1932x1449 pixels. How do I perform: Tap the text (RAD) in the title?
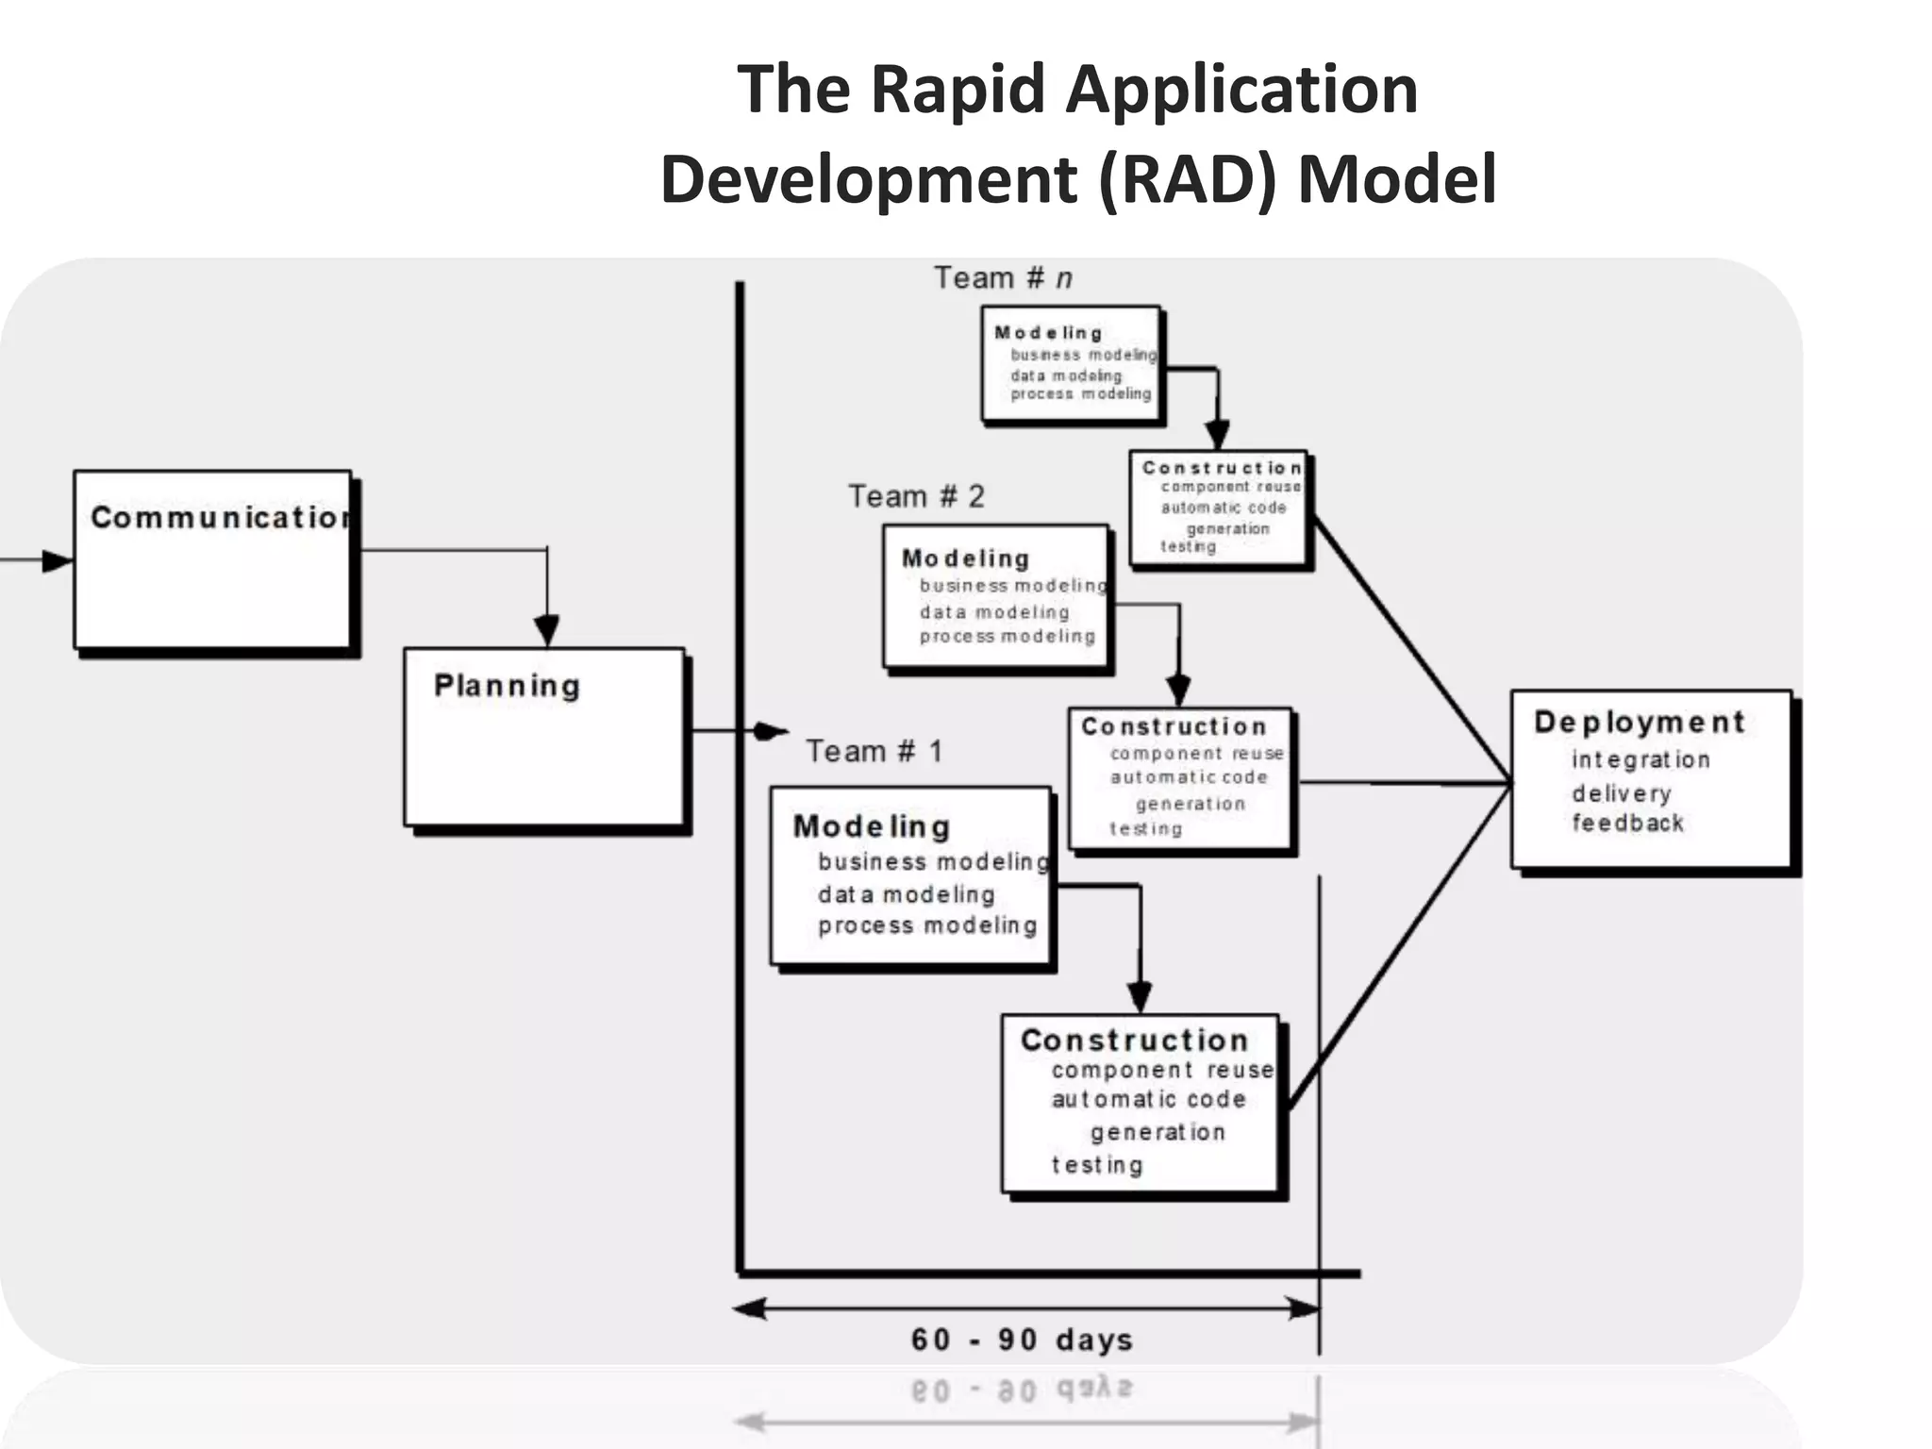point(1189,179)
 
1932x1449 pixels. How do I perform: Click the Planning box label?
point(507,686)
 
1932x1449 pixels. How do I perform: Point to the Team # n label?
point(1003,278)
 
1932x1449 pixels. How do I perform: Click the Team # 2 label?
point(916,496)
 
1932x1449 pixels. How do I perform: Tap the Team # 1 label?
point(874,751)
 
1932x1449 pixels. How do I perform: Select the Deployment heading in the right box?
point(1640,722)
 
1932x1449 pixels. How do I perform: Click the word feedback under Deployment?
point(1627,823)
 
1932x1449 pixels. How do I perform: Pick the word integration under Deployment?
point(1641,759)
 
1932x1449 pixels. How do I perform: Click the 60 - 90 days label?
point(1022,1340)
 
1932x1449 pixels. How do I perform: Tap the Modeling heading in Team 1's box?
point(871,826)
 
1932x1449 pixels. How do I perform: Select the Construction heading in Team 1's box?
point(1134,1040)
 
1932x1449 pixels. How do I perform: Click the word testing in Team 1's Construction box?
point(1097,1165)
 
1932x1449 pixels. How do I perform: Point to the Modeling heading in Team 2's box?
point(965,558)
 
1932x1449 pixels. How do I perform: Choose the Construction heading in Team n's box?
point(1221,468)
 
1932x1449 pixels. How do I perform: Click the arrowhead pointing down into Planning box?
point(547,630)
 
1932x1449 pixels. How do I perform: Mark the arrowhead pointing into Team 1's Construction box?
point(1140,996)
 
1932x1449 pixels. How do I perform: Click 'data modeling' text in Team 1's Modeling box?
point(906,894)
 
